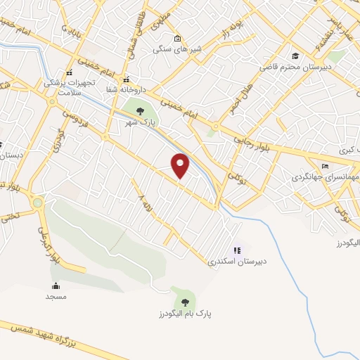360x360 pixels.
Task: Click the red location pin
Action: [x=181, y=165]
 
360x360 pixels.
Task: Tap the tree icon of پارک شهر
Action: [x=139, y=110]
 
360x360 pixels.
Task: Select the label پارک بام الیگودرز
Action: [x=184, y=311]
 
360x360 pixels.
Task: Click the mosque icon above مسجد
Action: [x=56, y=285]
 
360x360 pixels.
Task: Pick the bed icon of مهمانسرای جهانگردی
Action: [x=324, y=166]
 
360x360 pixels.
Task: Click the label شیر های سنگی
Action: [x=177, y=50]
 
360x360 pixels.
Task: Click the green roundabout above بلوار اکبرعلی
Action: [x=38, y=204]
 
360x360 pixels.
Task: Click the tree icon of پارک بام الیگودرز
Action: [x=184, y=293]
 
